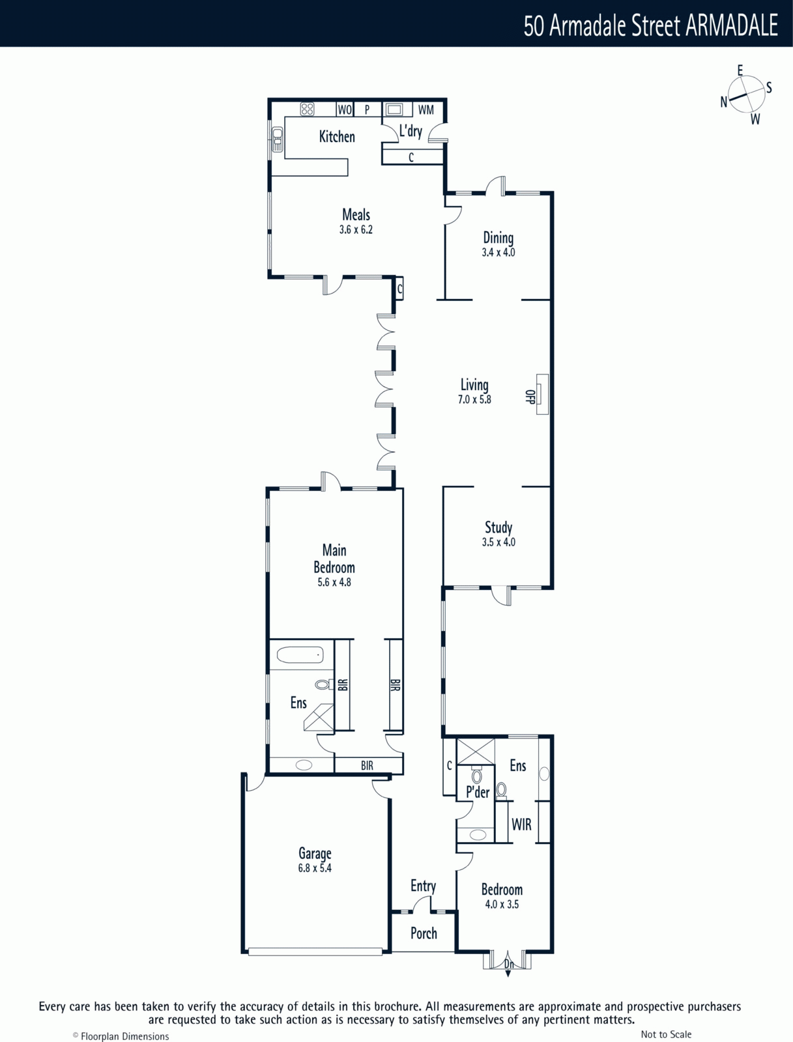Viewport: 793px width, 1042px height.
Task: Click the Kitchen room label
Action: click(x=337, y=137)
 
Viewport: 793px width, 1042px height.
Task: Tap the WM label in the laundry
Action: click(x=426, y=109)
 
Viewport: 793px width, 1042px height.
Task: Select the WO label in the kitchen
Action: click(x=345, y=109)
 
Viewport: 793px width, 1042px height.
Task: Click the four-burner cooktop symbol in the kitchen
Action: click(x=307, y=109)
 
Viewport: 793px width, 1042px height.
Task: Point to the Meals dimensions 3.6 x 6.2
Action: click(x=356, y=230)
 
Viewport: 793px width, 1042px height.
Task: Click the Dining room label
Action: click(x=498, y=238)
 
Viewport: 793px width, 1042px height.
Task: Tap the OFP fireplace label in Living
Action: click(x=530, y=397)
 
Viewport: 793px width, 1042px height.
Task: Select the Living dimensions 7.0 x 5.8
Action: click(x=474, y=400)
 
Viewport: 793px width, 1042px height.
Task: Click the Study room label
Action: click(x=498, y=528)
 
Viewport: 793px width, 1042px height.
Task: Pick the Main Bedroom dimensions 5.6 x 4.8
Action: click(x=334, y=582)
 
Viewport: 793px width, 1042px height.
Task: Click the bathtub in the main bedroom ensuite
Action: click(x=300, y=656)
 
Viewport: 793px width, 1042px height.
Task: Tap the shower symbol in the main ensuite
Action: click(x=319, y=717)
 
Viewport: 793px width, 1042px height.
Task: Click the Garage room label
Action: click(x=315, y=854)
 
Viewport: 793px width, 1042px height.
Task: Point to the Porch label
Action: click(x=424, y=933)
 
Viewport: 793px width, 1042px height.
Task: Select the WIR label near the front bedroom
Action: click(x=521, y=824)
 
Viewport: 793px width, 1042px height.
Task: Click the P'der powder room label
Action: click(x=478, y=792)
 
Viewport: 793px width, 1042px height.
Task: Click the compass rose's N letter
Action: click(x=724, y=102)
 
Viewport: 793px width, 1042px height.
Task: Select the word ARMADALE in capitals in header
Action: click(x=732, y=25)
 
